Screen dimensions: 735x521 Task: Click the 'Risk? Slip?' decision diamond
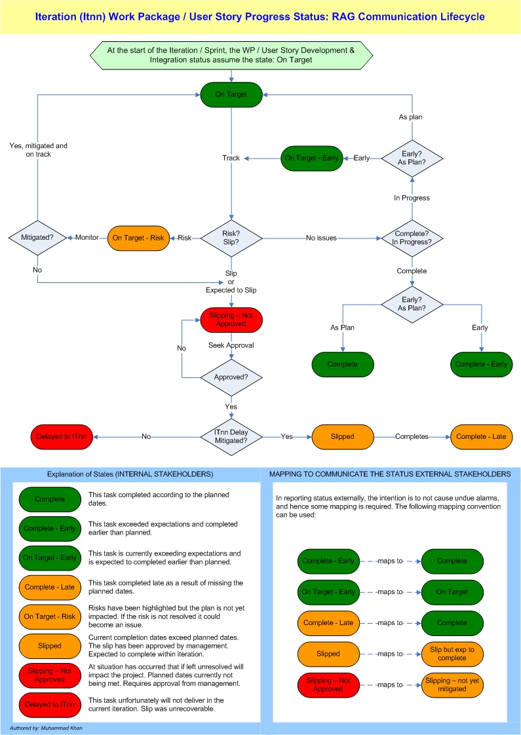[231, 238]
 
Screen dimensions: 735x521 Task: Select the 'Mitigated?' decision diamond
[37, 238]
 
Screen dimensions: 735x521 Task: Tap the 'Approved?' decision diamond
[231, 378]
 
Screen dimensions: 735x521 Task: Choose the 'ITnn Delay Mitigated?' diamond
[231, 436]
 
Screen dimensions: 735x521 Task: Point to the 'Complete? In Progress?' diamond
[412, 238]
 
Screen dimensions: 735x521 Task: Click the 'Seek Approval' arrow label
[231, 345]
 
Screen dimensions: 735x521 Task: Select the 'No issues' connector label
[321, 238]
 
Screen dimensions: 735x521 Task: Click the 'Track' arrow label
[231, 158]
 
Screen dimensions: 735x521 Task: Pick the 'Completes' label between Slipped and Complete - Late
[412, 436]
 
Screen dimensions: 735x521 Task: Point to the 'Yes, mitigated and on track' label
[39, 150]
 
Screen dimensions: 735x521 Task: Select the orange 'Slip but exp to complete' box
[452, 654]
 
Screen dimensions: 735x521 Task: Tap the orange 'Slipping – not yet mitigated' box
[452, 685]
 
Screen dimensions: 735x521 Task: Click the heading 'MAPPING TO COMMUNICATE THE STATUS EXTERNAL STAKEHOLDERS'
[390, 474]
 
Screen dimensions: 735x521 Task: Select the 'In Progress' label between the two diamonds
[412, 198]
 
